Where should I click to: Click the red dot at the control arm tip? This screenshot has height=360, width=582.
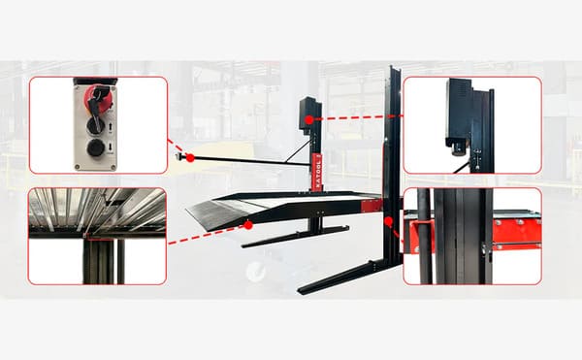coord(190,157)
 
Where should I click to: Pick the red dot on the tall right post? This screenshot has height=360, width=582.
coord(389,222)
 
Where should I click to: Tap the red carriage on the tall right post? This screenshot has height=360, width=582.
coord(371,206)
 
